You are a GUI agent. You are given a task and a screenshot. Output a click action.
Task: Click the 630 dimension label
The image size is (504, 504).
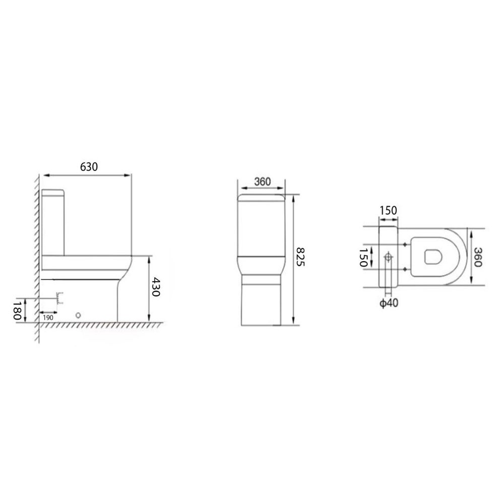click(x=89, y=167)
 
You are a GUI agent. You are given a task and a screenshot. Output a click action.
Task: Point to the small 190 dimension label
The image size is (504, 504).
click(x=49, y=318)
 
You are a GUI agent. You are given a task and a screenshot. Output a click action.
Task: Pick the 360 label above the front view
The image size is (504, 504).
click(x=262, y=182)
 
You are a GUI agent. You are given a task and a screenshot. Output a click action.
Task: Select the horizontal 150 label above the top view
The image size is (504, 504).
click(x=388, y=210)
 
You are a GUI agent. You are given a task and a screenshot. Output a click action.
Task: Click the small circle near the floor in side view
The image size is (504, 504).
click(x=78, y=315)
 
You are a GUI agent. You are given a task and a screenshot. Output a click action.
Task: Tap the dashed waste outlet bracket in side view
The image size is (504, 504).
click(x=60, y=298)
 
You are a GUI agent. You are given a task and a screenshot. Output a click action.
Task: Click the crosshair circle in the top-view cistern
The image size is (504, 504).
click(x=388, y=258)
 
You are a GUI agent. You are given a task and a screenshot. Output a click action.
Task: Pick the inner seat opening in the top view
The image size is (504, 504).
click(x=433, y=257)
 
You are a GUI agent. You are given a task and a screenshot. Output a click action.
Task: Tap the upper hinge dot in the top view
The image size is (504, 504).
click(x=406, y=244)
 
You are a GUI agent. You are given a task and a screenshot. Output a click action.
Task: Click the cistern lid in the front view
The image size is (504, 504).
click(x=262, y=197)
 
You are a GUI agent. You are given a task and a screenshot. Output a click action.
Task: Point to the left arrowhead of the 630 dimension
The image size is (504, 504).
click(x=45, y=175)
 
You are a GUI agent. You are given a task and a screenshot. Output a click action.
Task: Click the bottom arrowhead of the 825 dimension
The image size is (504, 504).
click(x=293, y=323)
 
